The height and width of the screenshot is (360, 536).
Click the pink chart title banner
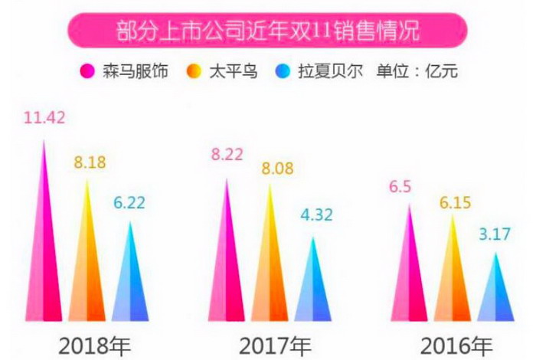coord(267,31)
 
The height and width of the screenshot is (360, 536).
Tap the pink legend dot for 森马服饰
coord(87,73)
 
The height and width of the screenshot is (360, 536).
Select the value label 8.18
coord(90,162)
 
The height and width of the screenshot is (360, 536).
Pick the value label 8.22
coord(228,155)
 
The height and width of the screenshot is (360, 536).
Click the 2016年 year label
coord(452,342)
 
